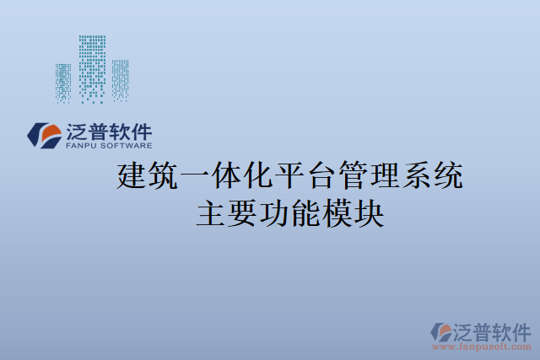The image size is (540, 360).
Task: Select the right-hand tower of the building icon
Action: [120, 81]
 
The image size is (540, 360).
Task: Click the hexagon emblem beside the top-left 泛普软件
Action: [43, 135]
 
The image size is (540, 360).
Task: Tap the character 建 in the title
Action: [131, 178]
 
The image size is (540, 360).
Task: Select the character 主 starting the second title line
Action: [211, 214]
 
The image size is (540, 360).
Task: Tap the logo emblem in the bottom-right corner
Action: [442, 331]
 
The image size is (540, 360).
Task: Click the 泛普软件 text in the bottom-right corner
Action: [494, 330]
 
